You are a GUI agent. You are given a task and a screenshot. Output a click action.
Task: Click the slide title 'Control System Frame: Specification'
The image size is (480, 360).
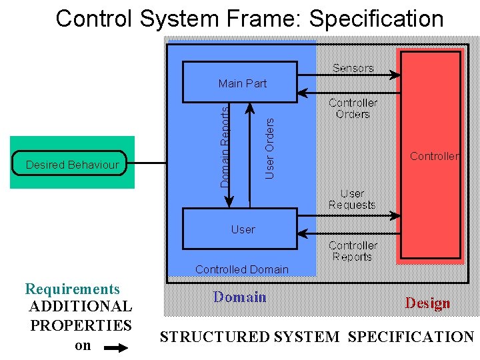click(x=249, y=19)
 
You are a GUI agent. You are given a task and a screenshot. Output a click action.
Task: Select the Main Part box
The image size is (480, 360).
click(x=240, y=82)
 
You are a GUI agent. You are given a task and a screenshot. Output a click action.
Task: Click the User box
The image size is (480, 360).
click(x=240, y=229)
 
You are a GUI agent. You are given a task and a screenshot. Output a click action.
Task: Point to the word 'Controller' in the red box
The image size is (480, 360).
click(x=434, y=156)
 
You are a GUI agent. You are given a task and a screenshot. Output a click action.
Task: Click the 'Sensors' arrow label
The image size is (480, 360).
click(x=353, y=68)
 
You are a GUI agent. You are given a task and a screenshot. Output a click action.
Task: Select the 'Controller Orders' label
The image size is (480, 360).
click(x=353, y=108)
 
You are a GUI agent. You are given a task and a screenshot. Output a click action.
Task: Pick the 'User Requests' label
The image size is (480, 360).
click(x=352, y=199)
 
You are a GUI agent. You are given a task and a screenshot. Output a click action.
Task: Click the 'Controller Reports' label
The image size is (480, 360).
click(x=353, y=251)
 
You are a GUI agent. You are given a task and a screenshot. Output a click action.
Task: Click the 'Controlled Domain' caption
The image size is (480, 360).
click(x=241, y=269)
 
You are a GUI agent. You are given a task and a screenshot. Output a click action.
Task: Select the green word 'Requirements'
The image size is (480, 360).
click(x=72, y=289)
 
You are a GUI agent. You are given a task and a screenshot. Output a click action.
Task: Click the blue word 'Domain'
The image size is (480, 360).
click(x=240, y=297)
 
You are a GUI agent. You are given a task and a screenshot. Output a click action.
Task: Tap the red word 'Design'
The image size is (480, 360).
click(x=427, y=303)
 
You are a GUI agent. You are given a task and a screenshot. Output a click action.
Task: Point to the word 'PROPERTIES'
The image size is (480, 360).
click(x=81, y=326)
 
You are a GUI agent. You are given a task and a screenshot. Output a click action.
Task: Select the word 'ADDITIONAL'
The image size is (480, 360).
click(x=81, y=307)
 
